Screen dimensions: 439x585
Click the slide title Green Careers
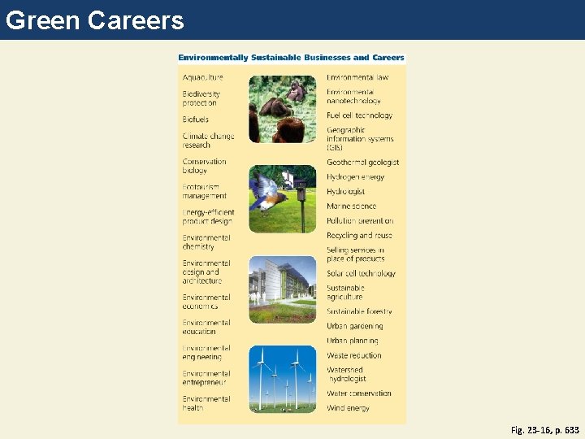click(95, 20)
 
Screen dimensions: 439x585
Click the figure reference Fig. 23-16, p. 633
click(545, 429)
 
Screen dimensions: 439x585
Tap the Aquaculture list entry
click(202, 77)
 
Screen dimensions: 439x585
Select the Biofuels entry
click(196, 120)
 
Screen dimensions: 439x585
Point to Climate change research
click(208, 141)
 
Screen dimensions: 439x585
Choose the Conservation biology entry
click(204, 166)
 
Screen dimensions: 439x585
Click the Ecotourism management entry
click(204, 191)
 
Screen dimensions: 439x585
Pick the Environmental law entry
click(357, 77)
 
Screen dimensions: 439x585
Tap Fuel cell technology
click(359, 115)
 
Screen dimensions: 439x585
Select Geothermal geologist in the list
click(362, 163)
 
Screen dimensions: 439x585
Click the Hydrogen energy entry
click(355, 177)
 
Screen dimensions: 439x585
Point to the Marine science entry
click(351, 206)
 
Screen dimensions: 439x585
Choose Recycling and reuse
click(359, 236)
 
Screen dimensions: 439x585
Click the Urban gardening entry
click(354, 326)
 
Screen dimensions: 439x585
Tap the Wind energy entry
click(348, 408)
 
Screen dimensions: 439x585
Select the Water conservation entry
click(358, 393)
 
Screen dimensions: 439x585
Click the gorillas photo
click(282, 109)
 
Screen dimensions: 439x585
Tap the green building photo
click(282, 289)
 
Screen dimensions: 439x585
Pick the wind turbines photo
click(282, 377)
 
